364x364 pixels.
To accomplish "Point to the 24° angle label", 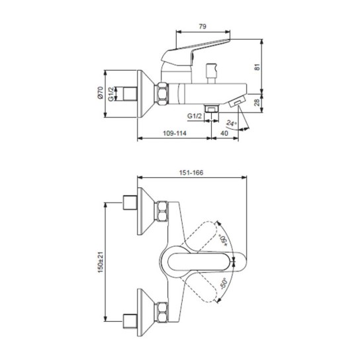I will click(231, 122).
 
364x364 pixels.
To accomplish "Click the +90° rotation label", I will click(224, 235).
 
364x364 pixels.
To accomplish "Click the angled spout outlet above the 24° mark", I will click(238, 105).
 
